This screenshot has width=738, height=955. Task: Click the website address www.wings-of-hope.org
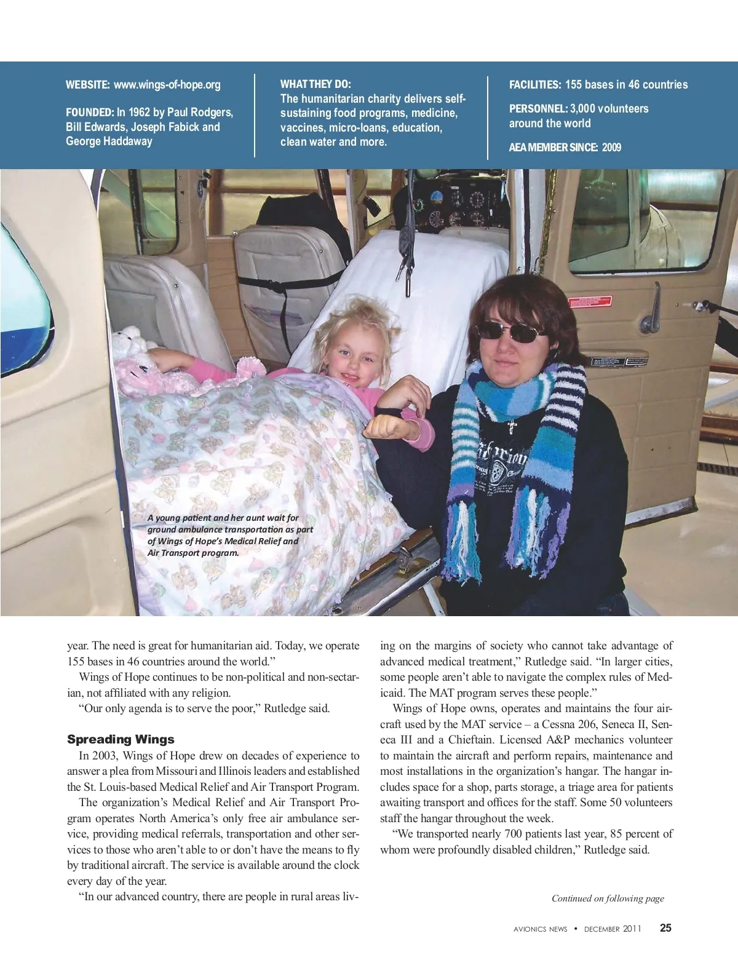[167, 85]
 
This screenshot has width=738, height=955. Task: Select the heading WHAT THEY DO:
[315, 84]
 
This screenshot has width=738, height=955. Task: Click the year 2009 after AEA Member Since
[612, 148]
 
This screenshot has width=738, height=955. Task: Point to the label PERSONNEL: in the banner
[538, 109]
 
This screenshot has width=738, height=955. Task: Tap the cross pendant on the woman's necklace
[512, 426]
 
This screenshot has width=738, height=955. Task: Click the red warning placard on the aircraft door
[590, 302]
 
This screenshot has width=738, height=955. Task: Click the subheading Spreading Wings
[121, 739]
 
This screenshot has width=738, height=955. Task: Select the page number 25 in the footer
[665, 928]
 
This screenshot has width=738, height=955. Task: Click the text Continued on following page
[608, 898]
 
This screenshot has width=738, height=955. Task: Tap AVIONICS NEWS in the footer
[540, 929]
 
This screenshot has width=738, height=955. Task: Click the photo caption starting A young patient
[230, 535]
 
